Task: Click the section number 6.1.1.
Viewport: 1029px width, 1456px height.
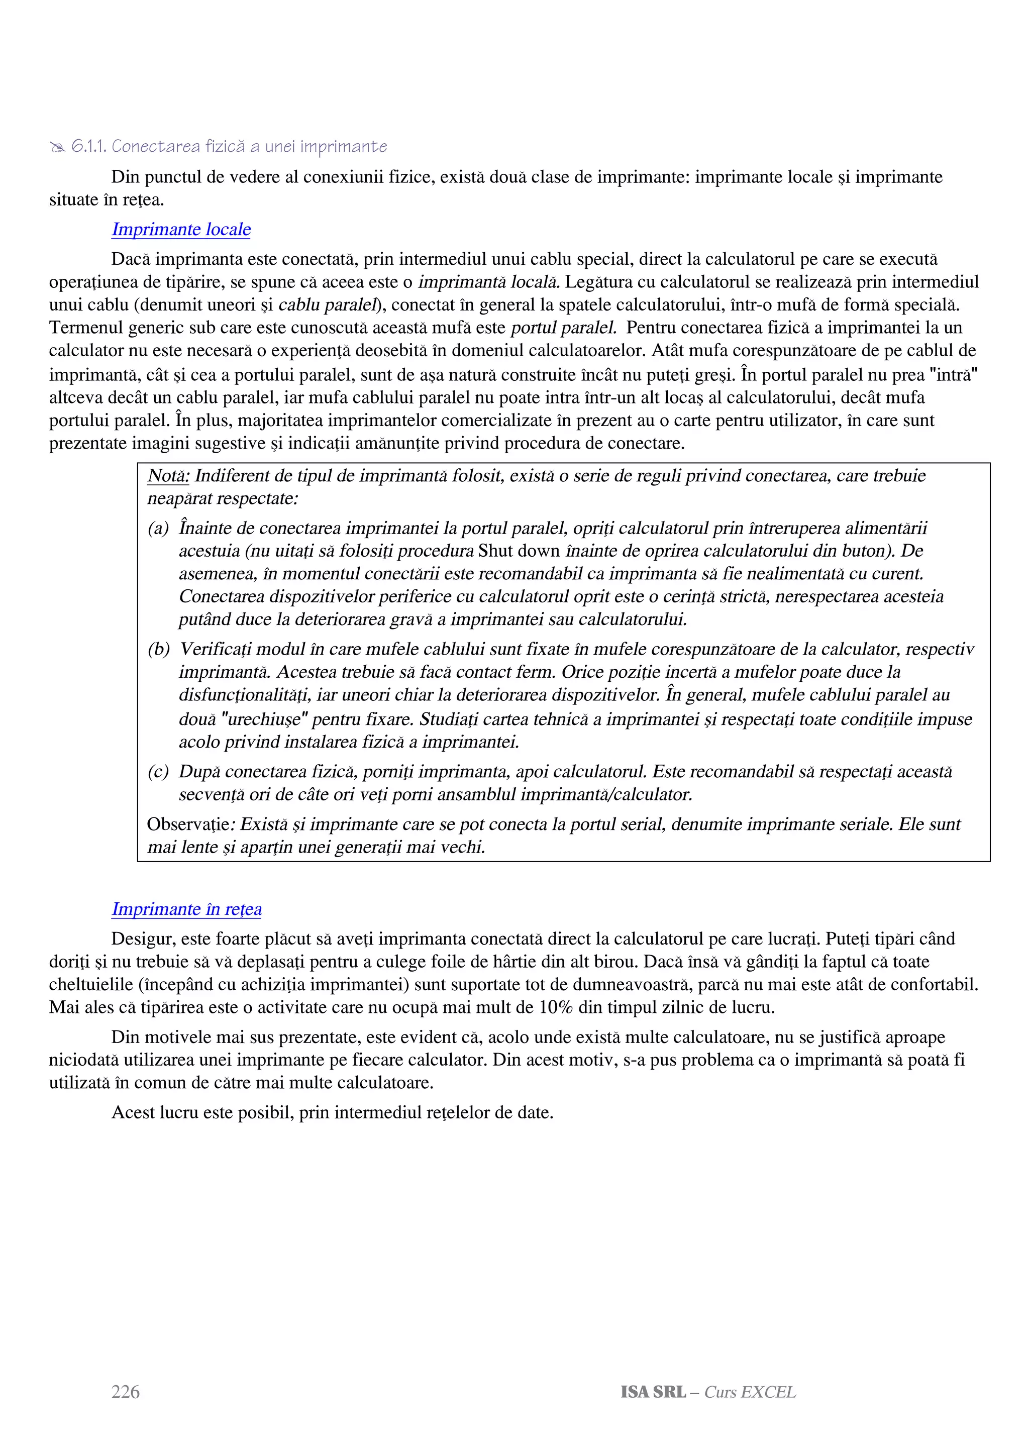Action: (x=89, y=147)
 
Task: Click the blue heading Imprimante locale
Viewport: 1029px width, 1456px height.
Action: (x=181, y=229)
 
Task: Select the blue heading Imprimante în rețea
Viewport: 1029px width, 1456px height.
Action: (x=186, y=909)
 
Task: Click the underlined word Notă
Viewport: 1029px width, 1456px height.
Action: (x=168, y=476)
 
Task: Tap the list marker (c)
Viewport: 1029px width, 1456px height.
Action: (x=158, y=772)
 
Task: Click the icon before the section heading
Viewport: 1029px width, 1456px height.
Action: (x=57, y=148)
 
